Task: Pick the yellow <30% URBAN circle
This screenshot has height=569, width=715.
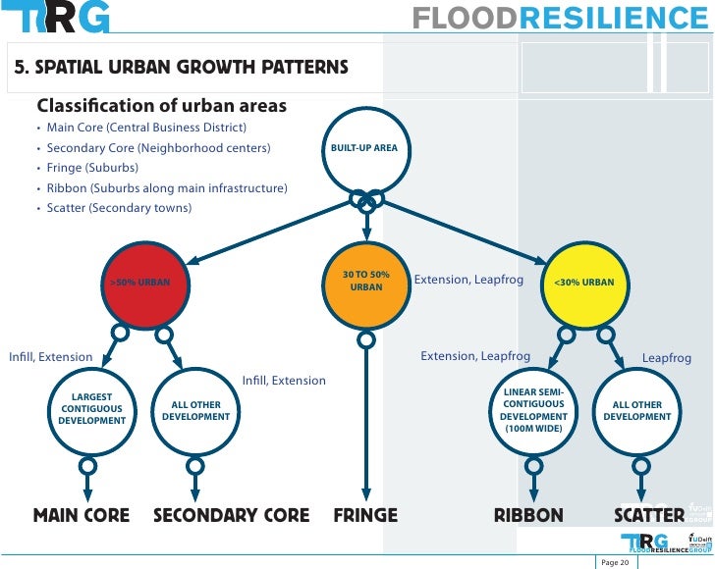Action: point(584,283)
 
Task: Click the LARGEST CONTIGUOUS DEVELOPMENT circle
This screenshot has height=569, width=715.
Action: point(92,410)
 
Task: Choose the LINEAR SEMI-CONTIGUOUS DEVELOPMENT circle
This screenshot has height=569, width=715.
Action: point(533,410)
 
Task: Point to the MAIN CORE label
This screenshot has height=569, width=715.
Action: point(82,515)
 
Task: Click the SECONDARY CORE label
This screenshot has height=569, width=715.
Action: point(232,515)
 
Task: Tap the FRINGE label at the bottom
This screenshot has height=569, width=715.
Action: point(365,515)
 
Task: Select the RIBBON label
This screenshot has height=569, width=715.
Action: point(528,515)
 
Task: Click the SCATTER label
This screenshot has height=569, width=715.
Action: point(649,515)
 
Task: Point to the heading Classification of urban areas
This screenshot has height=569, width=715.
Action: point(161,106)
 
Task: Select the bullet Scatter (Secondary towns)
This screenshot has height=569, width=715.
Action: point(119,208)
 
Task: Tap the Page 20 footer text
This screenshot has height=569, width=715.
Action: point(616,560)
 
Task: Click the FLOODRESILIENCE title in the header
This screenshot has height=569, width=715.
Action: point(559,18)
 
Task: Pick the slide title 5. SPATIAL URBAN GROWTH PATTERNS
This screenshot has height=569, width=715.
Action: point(181,68)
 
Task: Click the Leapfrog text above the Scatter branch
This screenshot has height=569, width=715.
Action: point(666,358)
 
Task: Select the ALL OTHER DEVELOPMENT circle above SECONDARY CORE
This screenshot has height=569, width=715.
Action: point(195,410)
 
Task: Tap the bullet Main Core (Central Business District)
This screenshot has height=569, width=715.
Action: point(146,128)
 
